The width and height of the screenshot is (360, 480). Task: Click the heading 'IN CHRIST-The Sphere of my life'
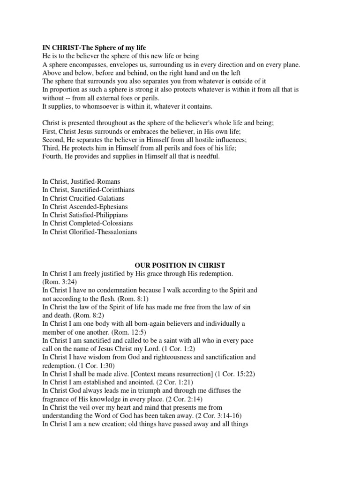coord(94,48)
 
